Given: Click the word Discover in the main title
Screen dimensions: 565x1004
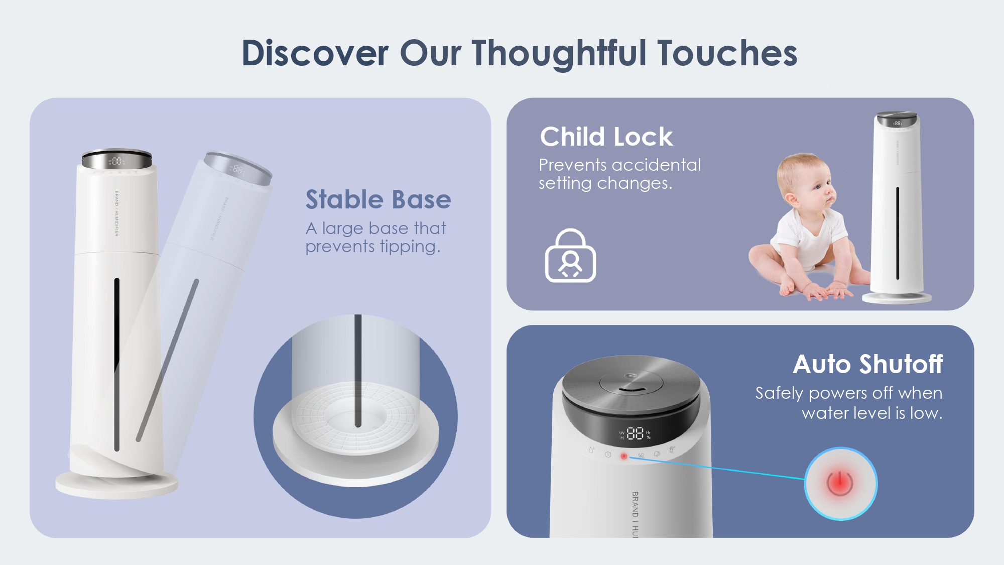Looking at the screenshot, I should [x=315, y=53].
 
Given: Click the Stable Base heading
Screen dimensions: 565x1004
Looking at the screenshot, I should [x=378, y=199].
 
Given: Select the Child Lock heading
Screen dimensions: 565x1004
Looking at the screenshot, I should [x=606, y=137].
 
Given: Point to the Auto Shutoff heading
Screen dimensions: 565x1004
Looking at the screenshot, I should [x=867, y=364].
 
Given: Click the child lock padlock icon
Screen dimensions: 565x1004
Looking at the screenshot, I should [x=570, y=256].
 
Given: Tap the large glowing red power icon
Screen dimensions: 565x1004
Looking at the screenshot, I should [x=840, y=483].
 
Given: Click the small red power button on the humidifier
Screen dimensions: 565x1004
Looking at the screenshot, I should [x=624, y=456].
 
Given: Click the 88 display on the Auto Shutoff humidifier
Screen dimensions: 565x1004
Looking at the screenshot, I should [x=635, y=433].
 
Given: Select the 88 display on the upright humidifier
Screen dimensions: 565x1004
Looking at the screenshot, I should [x=117, y=161].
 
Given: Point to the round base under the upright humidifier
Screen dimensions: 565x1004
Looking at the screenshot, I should [x=116, y=485].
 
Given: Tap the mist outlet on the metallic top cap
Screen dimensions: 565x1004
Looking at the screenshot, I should [x=631, y=387].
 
